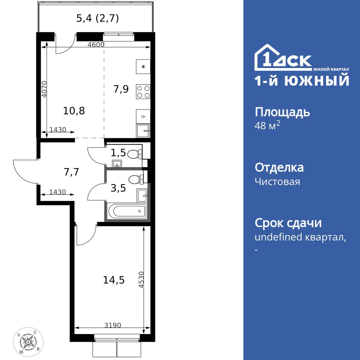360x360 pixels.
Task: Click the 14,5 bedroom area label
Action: [x=114, y=280]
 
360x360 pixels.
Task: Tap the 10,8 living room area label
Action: [x=74, y=111]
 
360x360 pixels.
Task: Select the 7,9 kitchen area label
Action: [x=121, y=89]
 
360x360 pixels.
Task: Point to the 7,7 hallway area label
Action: [x=71, y=172]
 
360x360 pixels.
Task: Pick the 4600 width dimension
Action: [x=96, y=45]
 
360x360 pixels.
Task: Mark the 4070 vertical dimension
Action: [x=44, y=90]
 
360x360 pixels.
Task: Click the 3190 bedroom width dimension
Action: [x=113, y=325]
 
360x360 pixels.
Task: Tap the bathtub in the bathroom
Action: [x=127, y=211]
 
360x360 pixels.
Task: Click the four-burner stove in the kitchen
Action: [x=143, y=91]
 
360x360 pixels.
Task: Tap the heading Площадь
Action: [x=282, y=112]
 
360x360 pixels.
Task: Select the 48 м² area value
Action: [x=267, y=126]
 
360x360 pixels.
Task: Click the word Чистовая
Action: [x=277, y=181]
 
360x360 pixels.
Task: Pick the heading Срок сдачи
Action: [x=288, y=223]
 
